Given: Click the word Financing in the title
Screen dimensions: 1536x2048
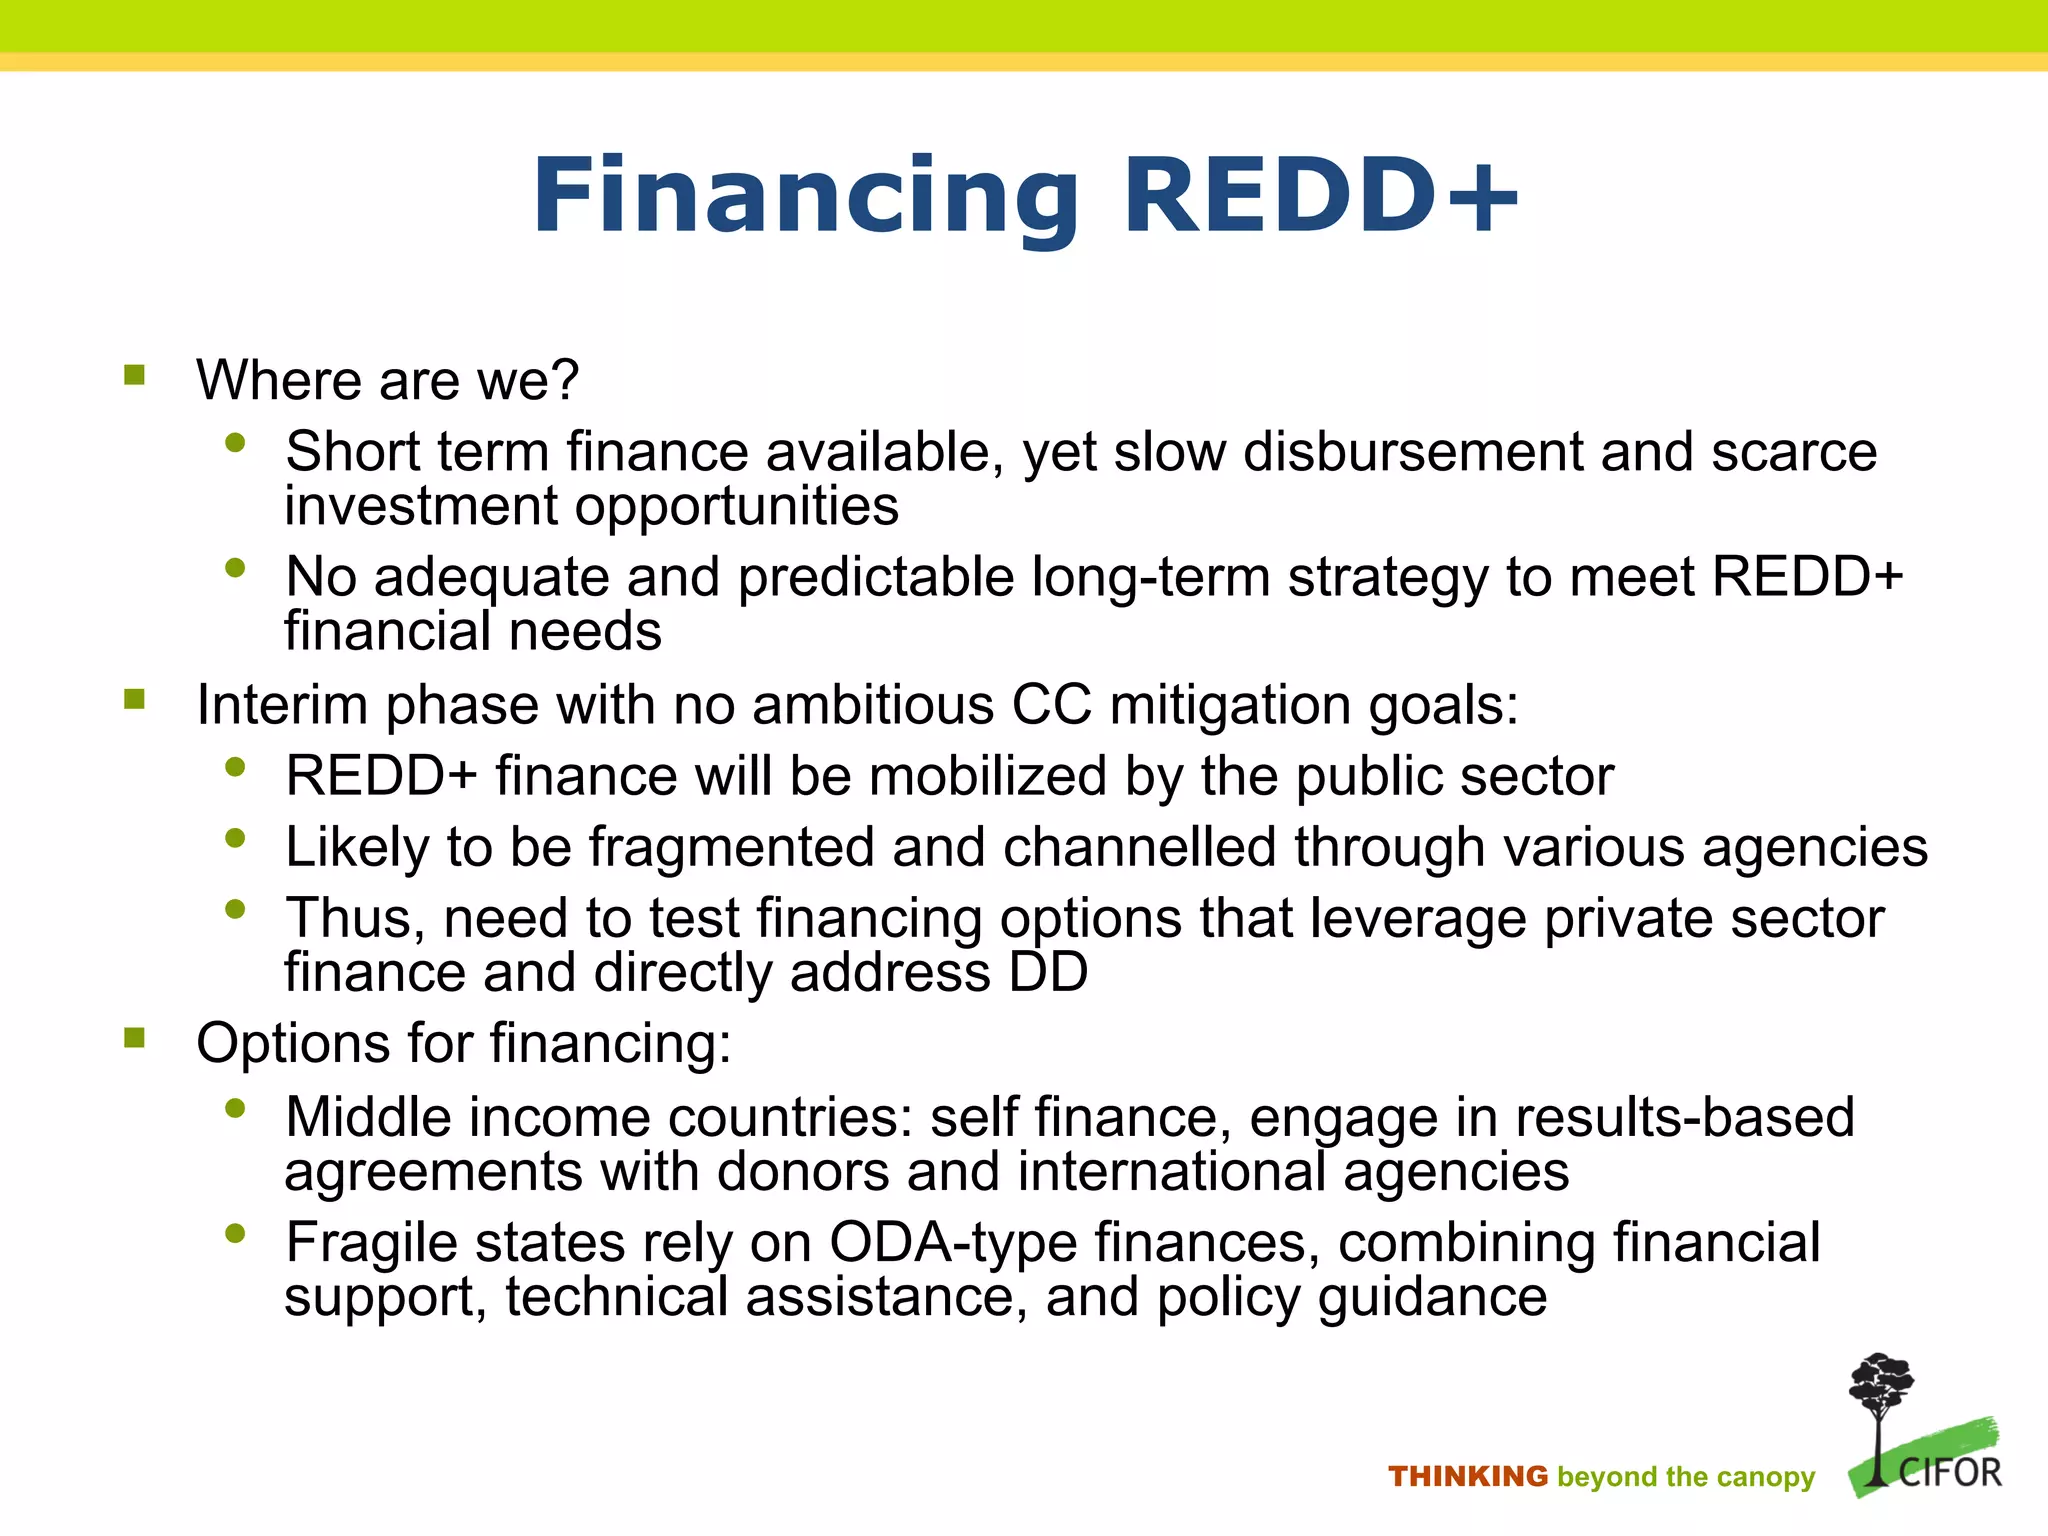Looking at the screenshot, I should click(x=805, y=197).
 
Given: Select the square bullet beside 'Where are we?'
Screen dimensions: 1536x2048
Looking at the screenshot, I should click(x=135, y=376).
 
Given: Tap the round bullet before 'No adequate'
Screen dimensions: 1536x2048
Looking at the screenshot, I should click(x=236, y=568).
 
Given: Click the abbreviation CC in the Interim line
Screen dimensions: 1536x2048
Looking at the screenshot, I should click(x=1051, y=704).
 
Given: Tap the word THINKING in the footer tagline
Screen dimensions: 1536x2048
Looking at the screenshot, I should click(x=1467, y=1477).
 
